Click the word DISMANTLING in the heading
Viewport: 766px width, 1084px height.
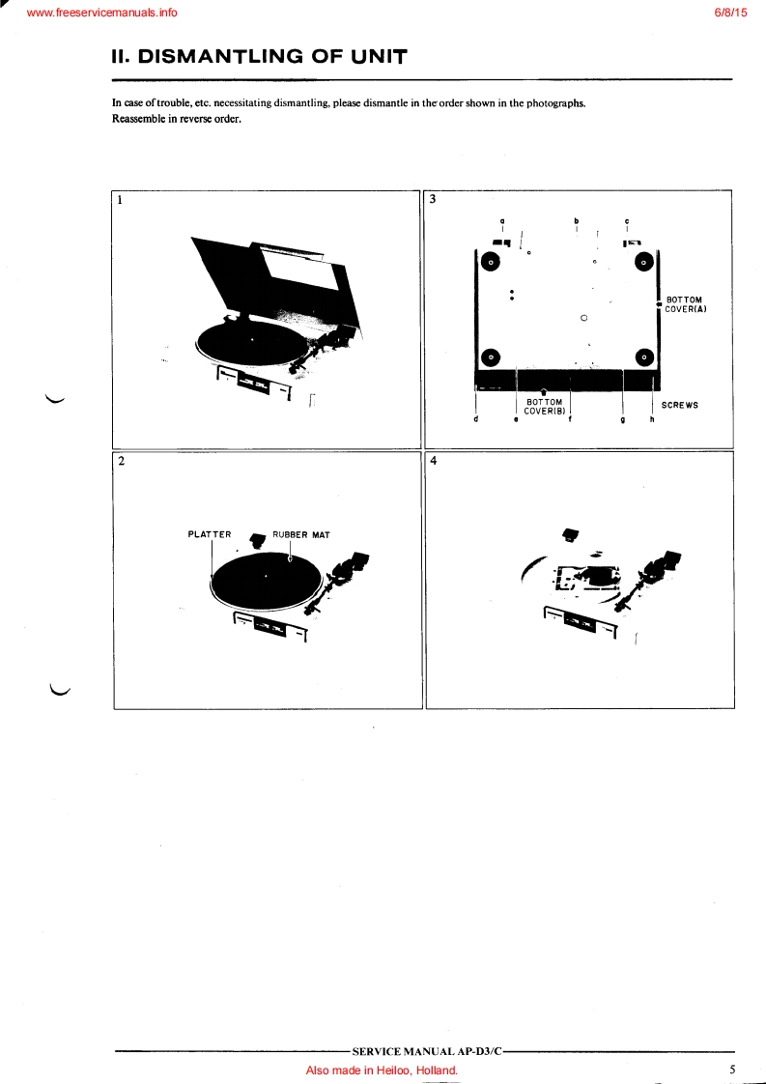point(221,57)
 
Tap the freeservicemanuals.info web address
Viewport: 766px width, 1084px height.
point(101,13)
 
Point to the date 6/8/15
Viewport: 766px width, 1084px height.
point(730,13)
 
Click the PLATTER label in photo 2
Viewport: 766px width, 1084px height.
point(210,534)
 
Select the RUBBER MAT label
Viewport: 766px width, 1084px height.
point(300,535)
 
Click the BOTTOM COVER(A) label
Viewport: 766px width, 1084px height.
point(686,305)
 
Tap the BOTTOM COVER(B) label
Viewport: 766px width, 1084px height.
point(545,407)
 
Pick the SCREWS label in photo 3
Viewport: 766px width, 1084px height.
point(680,405)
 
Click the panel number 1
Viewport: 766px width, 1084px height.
point(120,200)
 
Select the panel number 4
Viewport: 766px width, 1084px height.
point(434,461)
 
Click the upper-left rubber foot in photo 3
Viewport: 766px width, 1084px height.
point(490,262)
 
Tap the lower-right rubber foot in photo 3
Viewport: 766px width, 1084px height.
point(643,357)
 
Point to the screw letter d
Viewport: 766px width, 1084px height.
point(475,419)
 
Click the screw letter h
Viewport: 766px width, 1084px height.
point(651,419)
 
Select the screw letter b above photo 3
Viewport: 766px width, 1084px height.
point(576,221)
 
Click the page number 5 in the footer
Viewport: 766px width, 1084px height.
point(732,1069)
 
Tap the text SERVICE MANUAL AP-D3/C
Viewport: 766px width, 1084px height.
point(427,1051)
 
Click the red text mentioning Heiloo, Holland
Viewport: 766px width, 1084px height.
point(382,1070)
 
